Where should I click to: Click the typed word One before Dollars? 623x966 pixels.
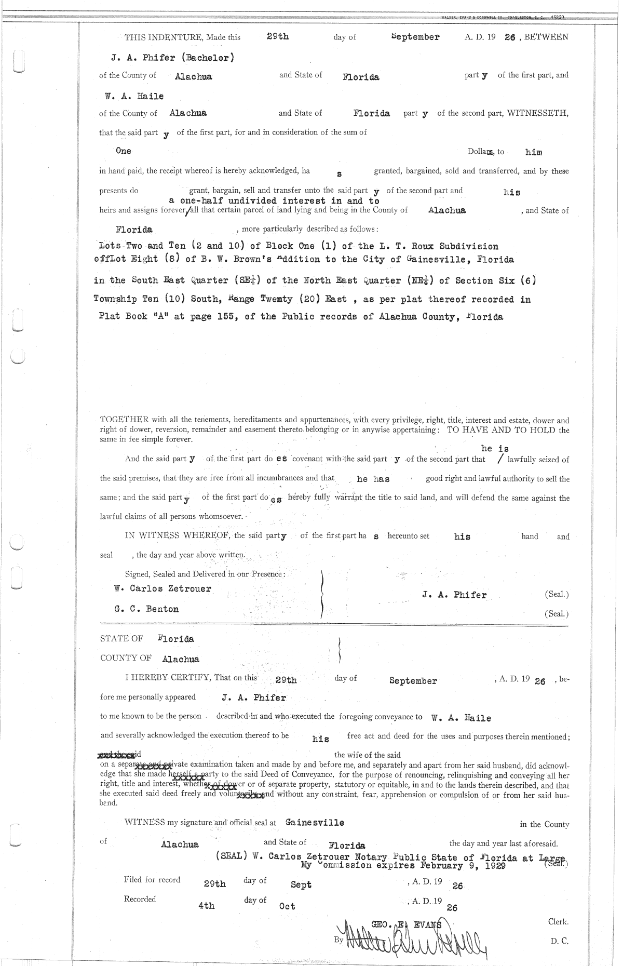pos(124,151)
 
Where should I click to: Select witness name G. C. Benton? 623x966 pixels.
pos(146,609)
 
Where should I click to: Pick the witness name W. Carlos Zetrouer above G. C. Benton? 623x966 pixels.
pos(162,588)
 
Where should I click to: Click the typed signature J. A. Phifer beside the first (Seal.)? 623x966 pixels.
pos(454,595)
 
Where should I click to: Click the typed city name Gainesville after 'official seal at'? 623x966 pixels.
pos(315,823)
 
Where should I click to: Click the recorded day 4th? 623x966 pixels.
pos(207,906)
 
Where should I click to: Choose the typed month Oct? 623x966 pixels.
pos(287,906)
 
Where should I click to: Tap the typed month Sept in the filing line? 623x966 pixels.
pos(301,884)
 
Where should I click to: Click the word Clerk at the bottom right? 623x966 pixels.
pos(558,921)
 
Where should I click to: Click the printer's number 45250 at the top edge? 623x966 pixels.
pos(557,17)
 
